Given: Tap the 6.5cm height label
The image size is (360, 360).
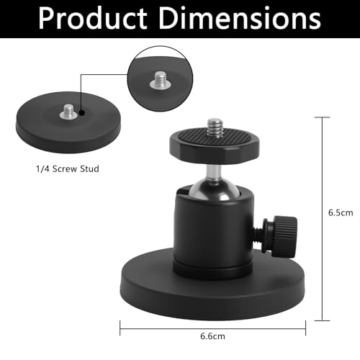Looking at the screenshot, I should (x=339, y=213).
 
